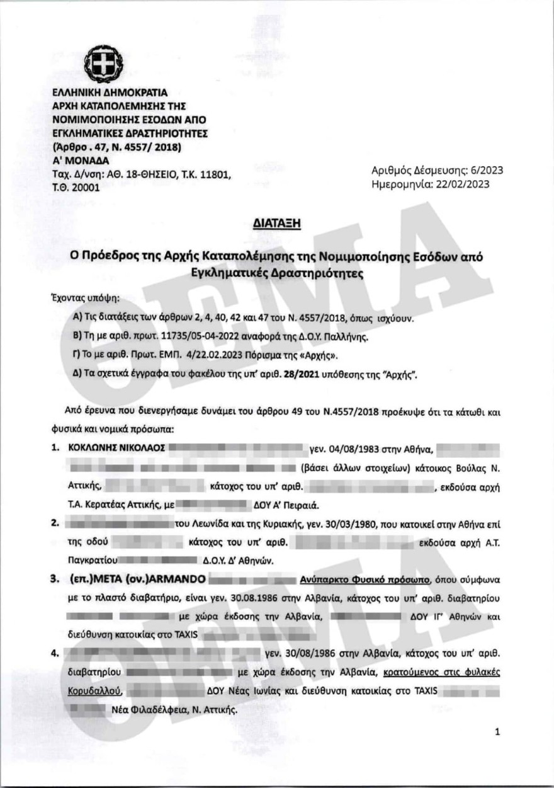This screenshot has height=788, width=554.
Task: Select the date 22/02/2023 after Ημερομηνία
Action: tap(465, 184)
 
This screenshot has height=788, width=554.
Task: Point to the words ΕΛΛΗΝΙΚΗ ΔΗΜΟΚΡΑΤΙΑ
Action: tap(105, 92)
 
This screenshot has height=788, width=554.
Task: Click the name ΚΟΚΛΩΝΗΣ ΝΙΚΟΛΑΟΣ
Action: tap(109, 448)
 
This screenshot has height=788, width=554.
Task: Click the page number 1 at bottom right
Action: tap(497, 732)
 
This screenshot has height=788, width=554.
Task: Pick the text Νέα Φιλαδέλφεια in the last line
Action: tap(144, 709)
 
